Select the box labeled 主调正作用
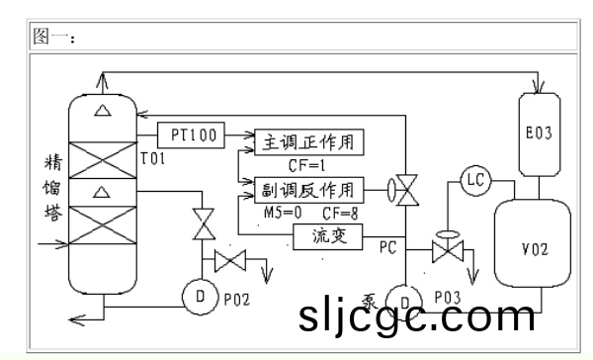click(310, 141)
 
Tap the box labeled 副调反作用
click(310, 188)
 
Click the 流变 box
click(329, 236)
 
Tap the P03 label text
click(448, 296)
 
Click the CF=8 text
click(339, 212)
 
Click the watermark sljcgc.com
click(415, 316)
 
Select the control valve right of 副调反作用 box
click(404, 188)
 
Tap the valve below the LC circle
click(447, 251)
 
